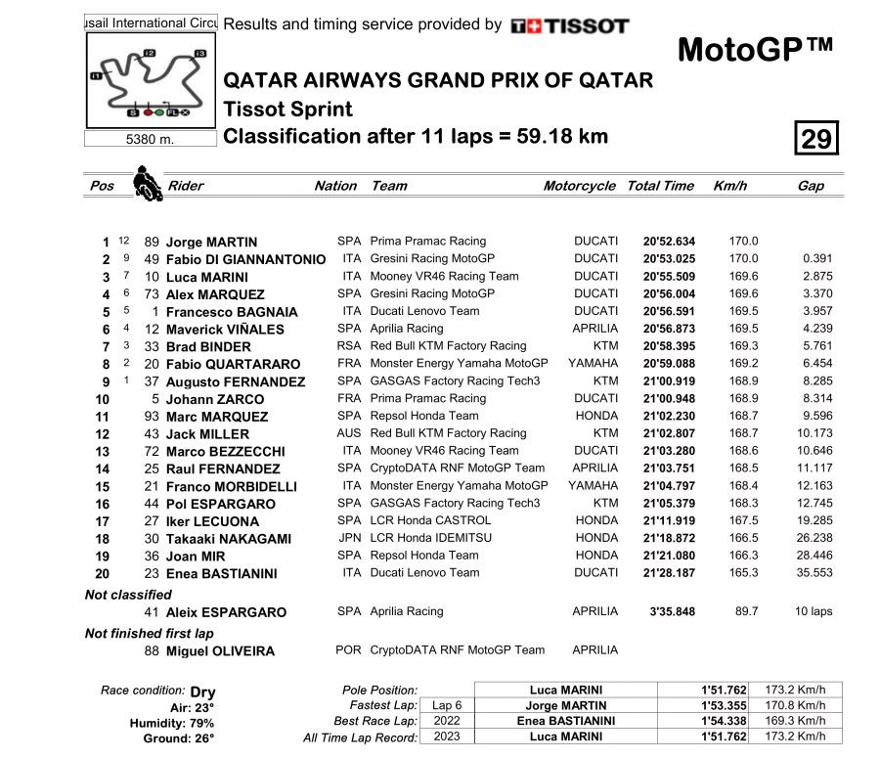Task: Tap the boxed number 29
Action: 815,139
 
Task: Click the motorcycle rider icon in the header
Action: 147,184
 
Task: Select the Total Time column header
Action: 660,186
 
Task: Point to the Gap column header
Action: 811,186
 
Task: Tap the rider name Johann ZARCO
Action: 215,399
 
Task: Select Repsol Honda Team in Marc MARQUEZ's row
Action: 424,416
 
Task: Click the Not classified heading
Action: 128,594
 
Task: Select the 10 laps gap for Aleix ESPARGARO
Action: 814,611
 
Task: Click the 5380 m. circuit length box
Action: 150,139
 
